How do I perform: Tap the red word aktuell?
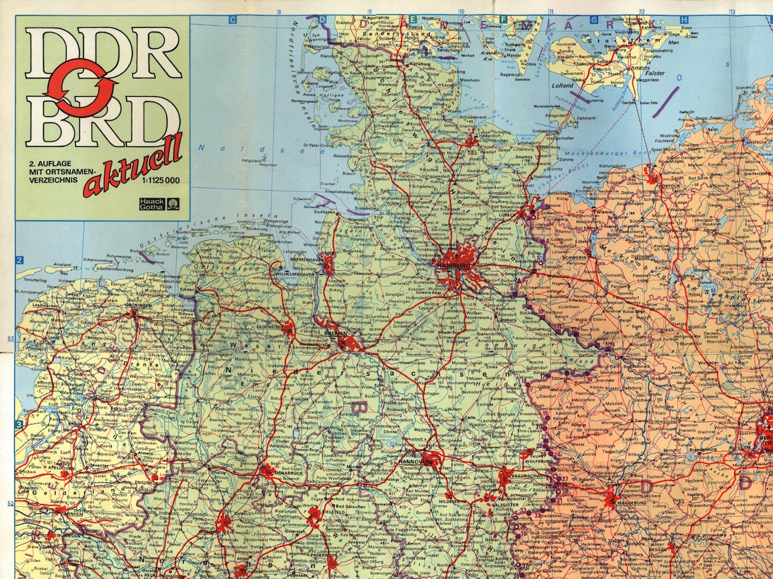132,166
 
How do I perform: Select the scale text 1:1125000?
161,180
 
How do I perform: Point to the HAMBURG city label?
454,266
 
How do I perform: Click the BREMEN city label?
335,334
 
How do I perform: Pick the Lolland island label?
562,86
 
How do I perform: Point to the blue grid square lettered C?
232,20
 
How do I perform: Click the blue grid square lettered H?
684,20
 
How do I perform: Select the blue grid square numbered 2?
20,260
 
